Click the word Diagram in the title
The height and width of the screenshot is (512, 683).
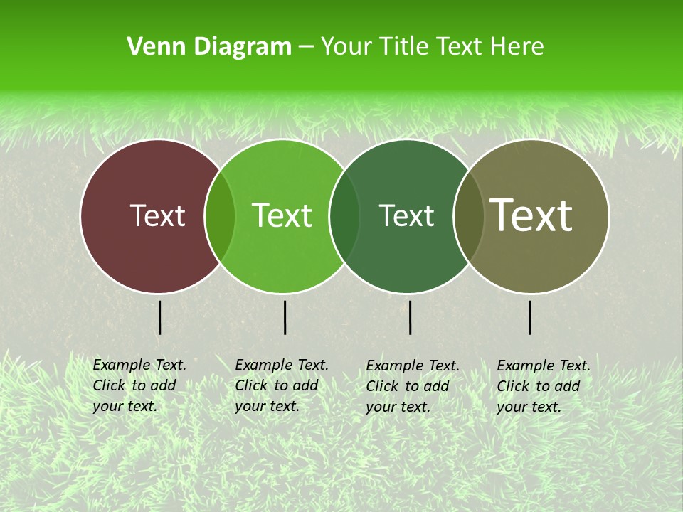coord(242,47)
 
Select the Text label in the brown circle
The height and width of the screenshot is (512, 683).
coord(157,215)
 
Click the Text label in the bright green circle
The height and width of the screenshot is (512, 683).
coord(282,215)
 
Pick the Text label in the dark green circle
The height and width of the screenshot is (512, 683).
coord(406,215)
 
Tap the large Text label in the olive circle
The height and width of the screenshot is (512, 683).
coord(531,215)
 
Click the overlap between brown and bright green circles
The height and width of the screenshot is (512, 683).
coord(220,216)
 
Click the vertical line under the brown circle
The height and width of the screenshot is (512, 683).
coord(159,317)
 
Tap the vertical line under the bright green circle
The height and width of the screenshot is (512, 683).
coord(285,317)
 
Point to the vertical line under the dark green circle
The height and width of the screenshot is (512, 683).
coord(410,317)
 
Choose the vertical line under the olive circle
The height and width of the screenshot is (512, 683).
coord(529,317)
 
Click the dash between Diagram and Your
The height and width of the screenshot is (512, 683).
coord(306,48)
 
